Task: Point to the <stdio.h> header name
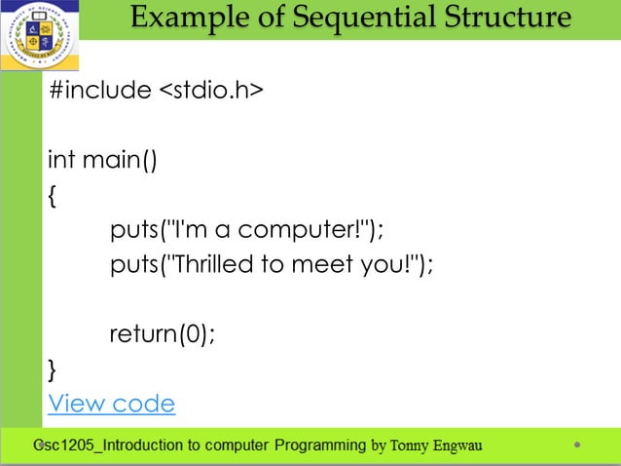pos(210,91)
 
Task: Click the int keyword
pos(61,159)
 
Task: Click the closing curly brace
pos(52,369)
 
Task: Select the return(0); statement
pos(162,334)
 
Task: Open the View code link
pos(111,404)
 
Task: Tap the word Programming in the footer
pos(320,447)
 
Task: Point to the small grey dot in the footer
pos(577,447)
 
